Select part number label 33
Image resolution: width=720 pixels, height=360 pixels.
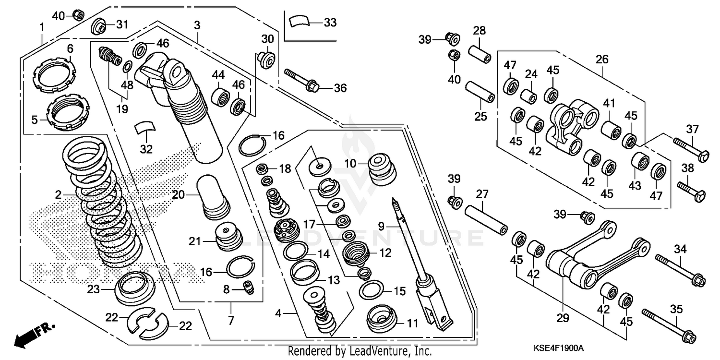click(x=330, y=23)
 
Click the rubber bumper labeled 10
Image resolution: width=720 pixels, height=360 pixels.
click(x=383, y=169)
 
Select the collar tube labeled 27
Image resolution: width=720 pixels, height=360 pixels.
click(x=486, y=219)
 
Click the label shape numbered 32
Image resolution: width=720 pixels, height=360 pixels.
click(x=145, y=129)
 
